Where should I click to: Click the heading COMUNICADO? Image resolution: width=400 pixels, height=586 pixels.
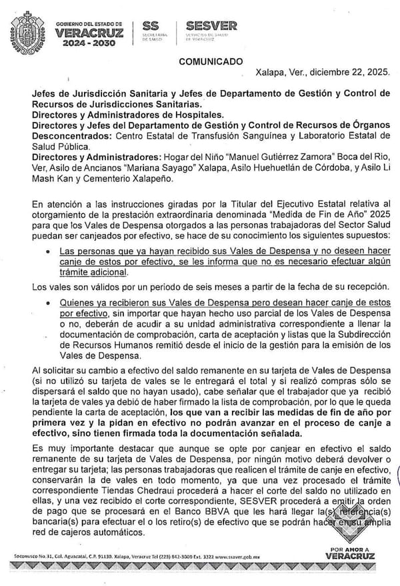(211, 62)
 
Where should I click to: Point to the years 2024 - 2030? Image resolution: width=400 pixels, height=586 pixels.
(85, 43)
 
